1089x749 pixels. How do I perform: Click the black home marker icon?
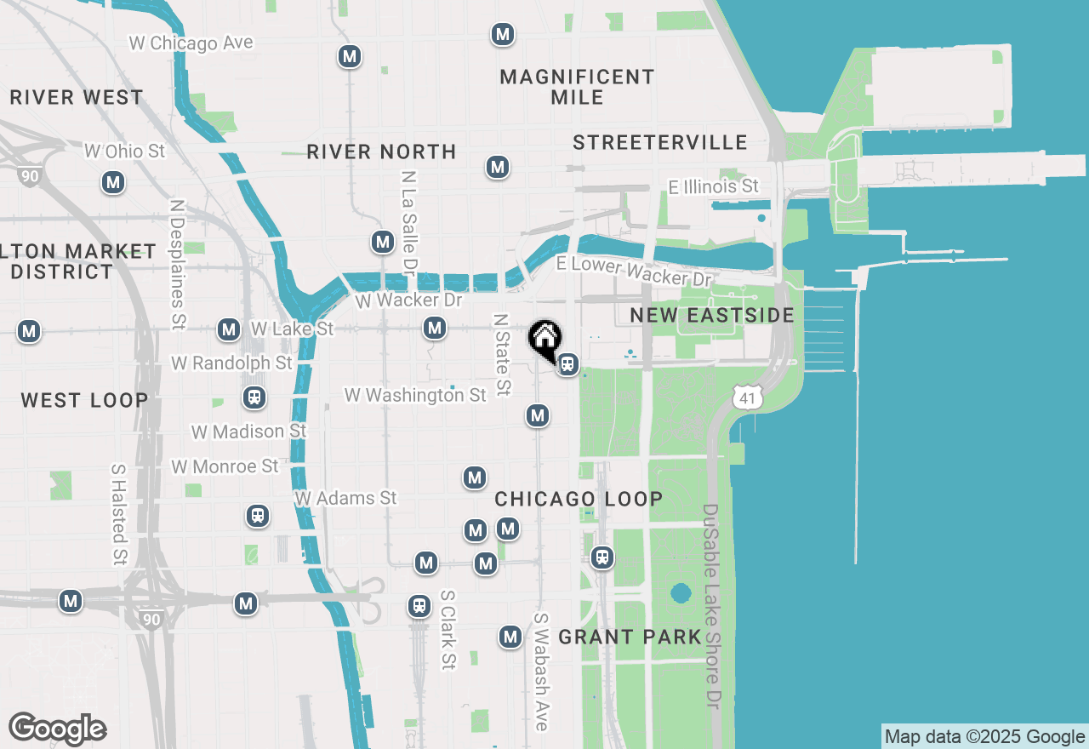tap(544, 338)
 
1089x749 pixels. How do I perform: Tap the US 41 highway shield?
tap(746, 396)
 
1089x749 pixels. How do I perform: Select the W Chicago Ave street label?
tap(191, 43)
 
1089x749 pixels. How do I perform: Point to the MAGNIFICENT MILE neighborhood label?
tap(577, 87)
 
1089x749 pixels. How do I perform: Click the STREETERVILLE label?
tap(659, 142)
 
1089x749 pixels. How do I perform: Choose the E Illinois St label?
tap(713, 186)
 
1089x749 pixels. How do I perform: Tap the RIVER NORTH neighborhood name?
tap(381, 152)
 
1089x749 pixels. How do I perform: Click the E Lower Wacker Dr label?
tap(634, 271)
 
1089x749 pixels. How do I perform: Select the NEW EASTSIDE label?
tap(712, 315)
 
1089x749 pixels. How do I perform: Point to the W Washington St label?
tap(415, 395)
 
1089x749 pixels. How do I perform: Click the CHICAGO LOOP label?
tap(579, 499)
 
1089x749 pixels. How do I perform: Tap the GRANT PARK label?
tap(630, 637)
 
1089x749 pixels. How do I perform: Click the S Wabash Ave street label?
tap(541, 672)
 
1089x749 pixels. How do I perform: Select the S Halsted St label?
tap(118, 514)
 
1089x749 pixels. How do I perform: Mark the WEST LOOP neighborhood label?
tap(84, 400)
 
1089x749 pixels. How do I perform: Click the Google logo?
tap(57, 729)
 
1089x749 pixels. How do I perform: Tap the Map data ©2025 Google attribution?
tap(984, 737)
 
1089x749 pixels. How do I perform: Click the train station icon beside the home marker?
tap(567, 365)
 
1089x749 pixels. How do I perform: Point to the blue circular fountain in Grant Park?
tap(680, 592)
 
